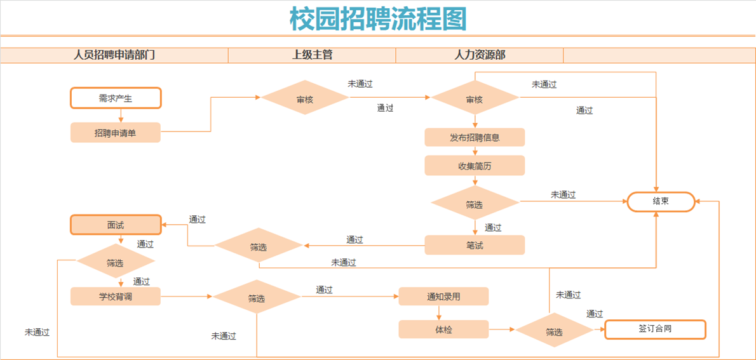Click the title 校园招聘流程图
[x=378, y=18]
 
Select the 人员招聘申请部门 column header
[x=114, y=55]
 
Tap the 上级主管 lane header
[x=312, y=55]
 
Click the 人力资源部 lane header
[x=480, y=55]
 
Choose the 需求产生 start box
[x=116, y=98]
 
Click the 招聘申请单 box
[x=115, y=133]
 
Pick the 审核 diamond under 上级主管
[x=305, y=98]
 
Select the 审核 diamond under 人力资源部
[x=475, y=98]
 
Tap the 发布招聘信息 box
[x=475, y=137]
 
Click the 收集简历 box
[x=475, y=166]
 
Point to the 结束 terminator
[x=661, y=201]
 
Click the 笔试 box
[x=475, y=245]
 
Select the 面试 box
[x=116, y=225]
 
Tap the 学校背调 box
[x=115, y=297]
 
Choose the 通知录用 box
[x=443, y=297]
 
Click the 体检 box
[x=443, y=330]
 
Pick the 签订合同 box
[x=655, y=330]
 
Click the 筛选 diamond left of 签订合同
[x=554, y=331]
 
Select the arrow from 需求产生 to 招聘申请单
[x=121, y=116]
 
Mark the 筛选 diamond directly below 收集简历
[x=475, y=204]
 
